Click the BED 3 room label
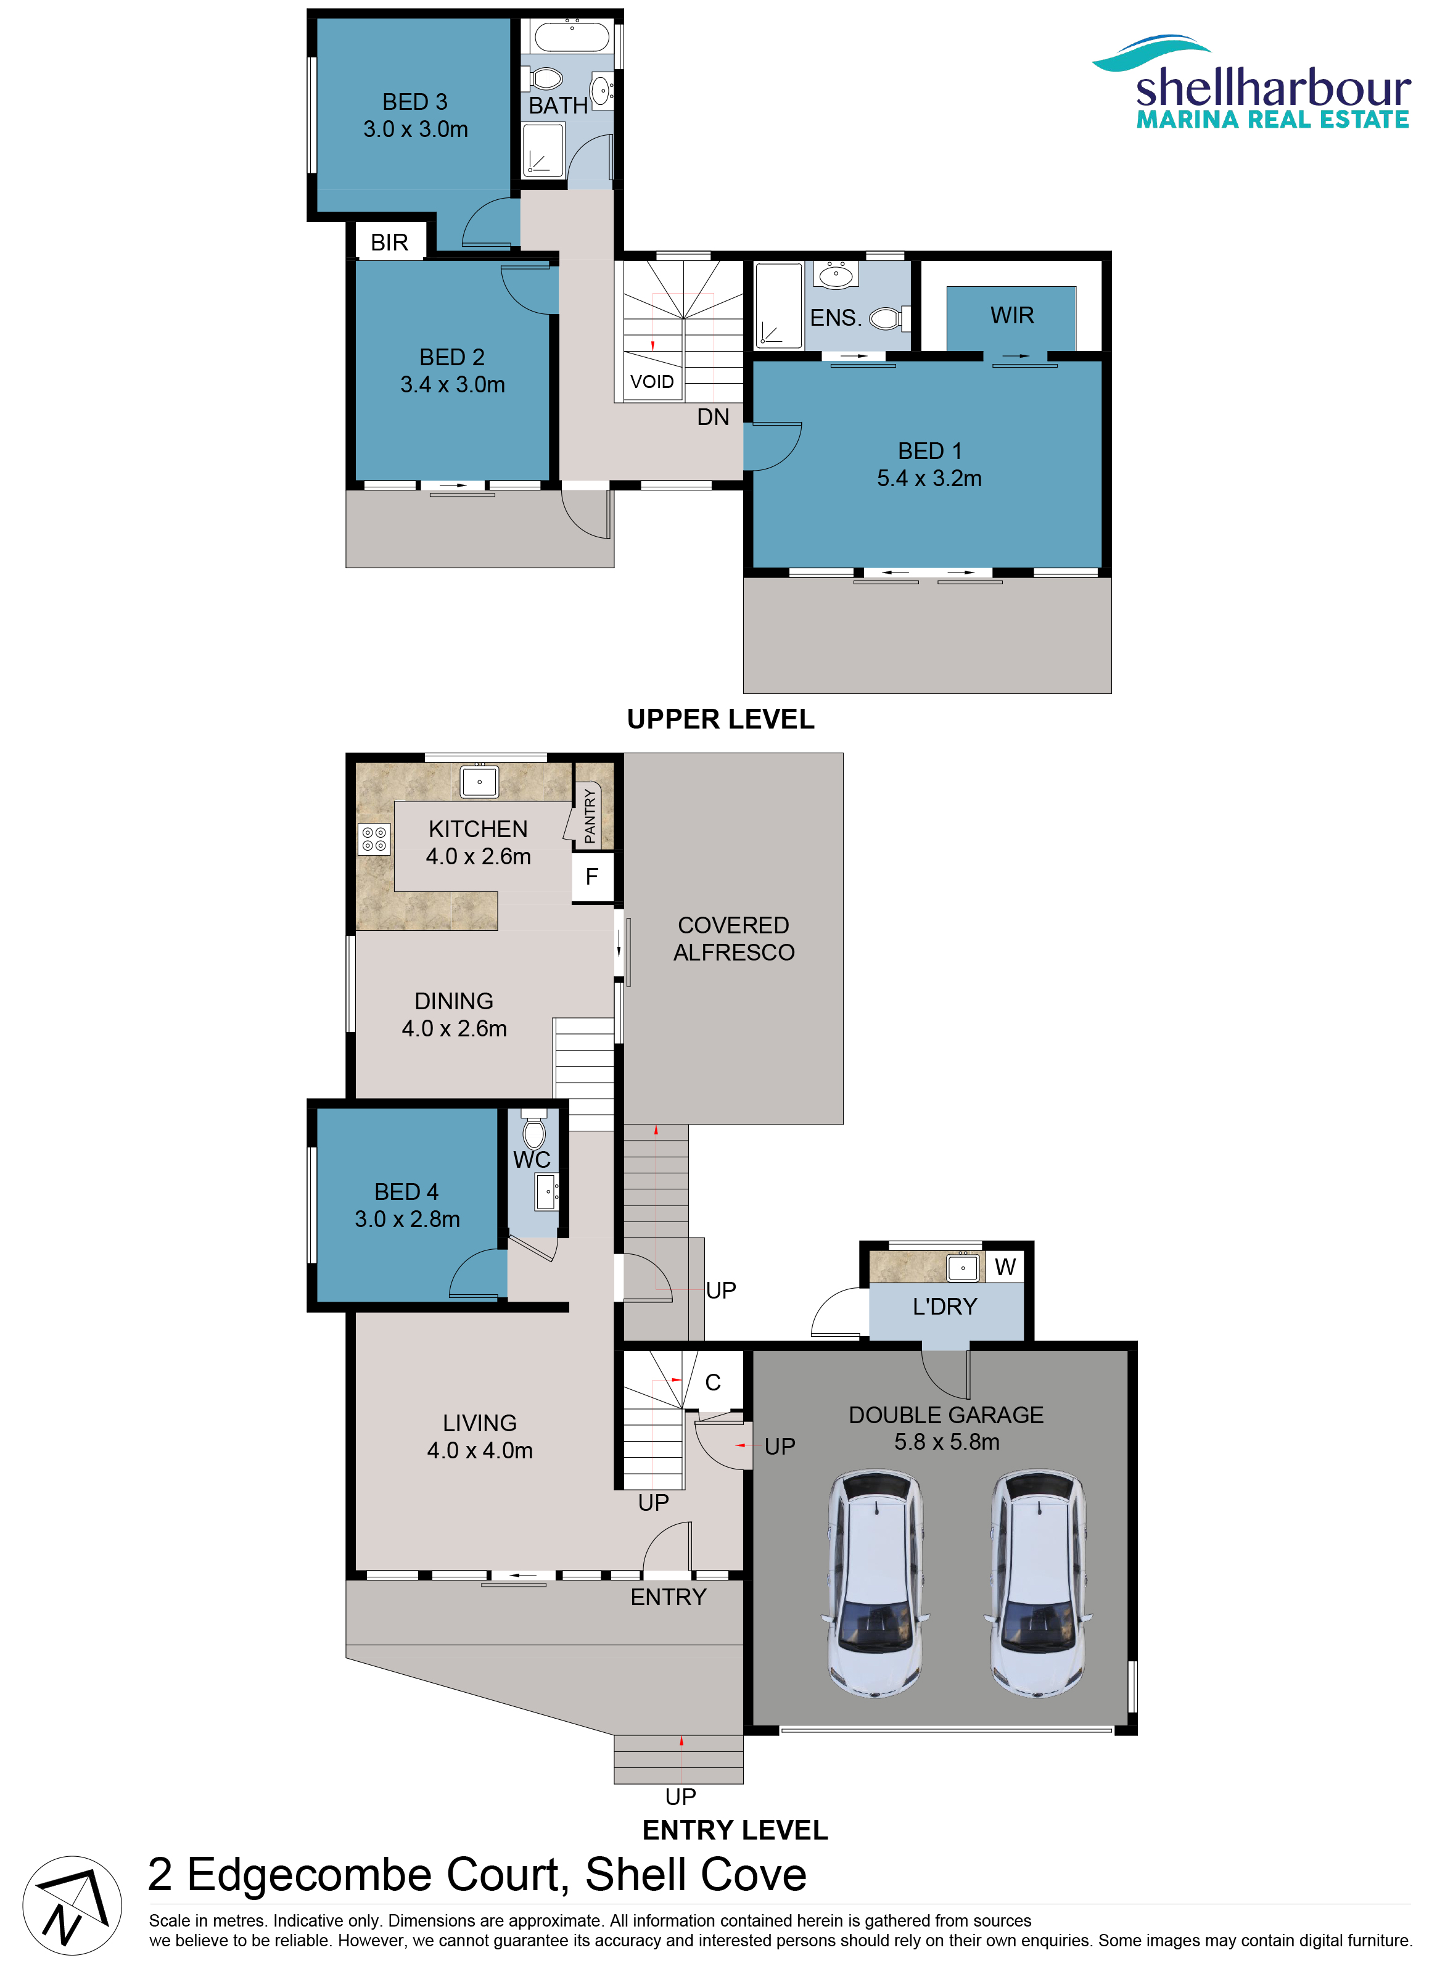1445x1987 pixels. (x=415, y=102)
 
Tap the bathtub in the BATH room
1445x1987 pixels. (x=572, y=38)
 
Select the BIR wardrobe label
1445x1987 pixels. (x=390, y=242)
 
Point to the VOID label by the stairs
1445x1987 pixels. (x=653, y=382)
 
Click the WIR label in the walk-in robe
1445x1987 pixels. (x=1013, y=315)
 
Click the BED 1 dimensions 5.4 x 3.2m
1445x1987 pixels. (x=929, y=478)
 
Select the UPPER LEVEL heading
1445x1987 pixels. (x=721, y=719)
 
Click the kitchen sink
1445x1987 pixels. (x=480, y=780)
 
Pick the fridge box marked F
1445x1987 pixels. (x=592, y=877)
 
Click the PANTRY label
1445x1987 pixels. (x=590, y=817)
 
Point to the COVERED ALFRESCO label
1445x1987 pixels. (x=734, y=939)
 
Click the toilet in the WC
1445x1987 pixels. (x=533, y=1130)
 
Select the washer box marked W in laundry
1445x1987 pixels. (x=1005, y=1267)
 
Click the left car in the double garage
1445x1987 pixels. (x=875, y=1584)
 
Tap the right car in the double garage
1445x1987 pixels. (x=1038, y=1584)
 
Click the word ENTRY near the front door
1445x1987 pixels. (x=668, y=1597)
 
